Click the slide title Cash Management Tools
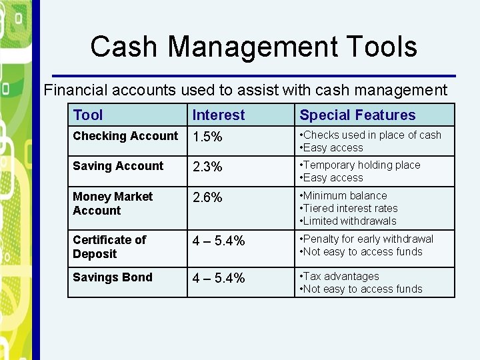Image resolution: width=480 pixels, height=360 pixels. (253, 47)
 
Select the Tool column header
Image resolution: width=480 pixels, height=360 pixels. (88, 115)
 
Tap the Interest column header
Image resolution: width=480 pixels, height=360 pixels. (219, 115)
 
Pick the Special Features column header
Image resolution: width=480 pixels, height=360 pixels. (357, 115)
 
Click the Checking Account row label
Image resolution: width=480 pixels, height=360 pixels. (125, 136)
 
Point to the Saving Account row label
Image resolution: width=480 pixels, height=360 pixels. (118, 166)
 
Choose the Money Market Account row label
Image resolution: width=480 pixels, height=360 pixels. (113, 203)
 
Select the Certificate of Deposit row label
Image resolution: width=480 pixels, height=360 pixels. (109, 247)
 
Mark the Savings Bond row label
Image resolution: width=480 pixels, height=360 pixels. (113, 277)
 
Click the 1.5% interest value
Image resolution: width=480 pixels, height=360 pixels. (208, 137)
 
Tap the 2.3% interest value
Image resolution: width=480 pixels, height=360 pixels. (208, 167)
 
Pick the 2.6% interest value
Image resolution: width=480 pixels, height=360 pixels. (208, 198)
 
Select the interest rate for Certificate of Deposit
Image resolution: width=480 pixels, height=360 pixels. (219, 241)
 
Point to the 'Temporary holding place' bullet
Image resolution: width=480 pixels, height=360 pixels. (361, 165)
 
